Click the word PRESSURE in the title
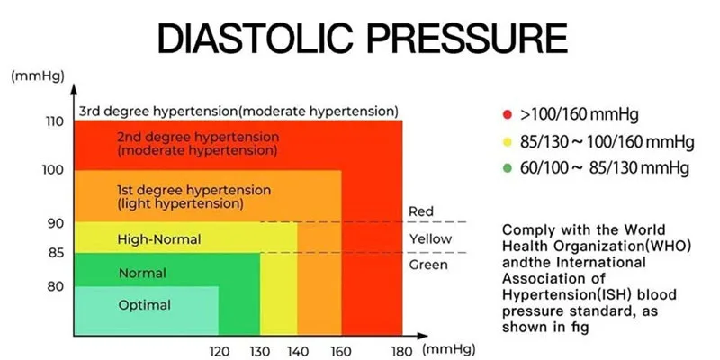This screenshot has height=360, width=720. click(x=467, y=39)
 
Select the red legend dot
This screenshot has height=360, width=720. click(x=507, y=115)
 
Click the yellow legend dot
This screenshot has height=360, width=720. click(x=507, y=142)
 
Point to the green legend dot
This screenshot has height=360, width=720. click(x=507, y=168)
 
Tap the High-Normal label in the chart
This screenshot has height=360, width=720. click(x=159, y=239)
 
